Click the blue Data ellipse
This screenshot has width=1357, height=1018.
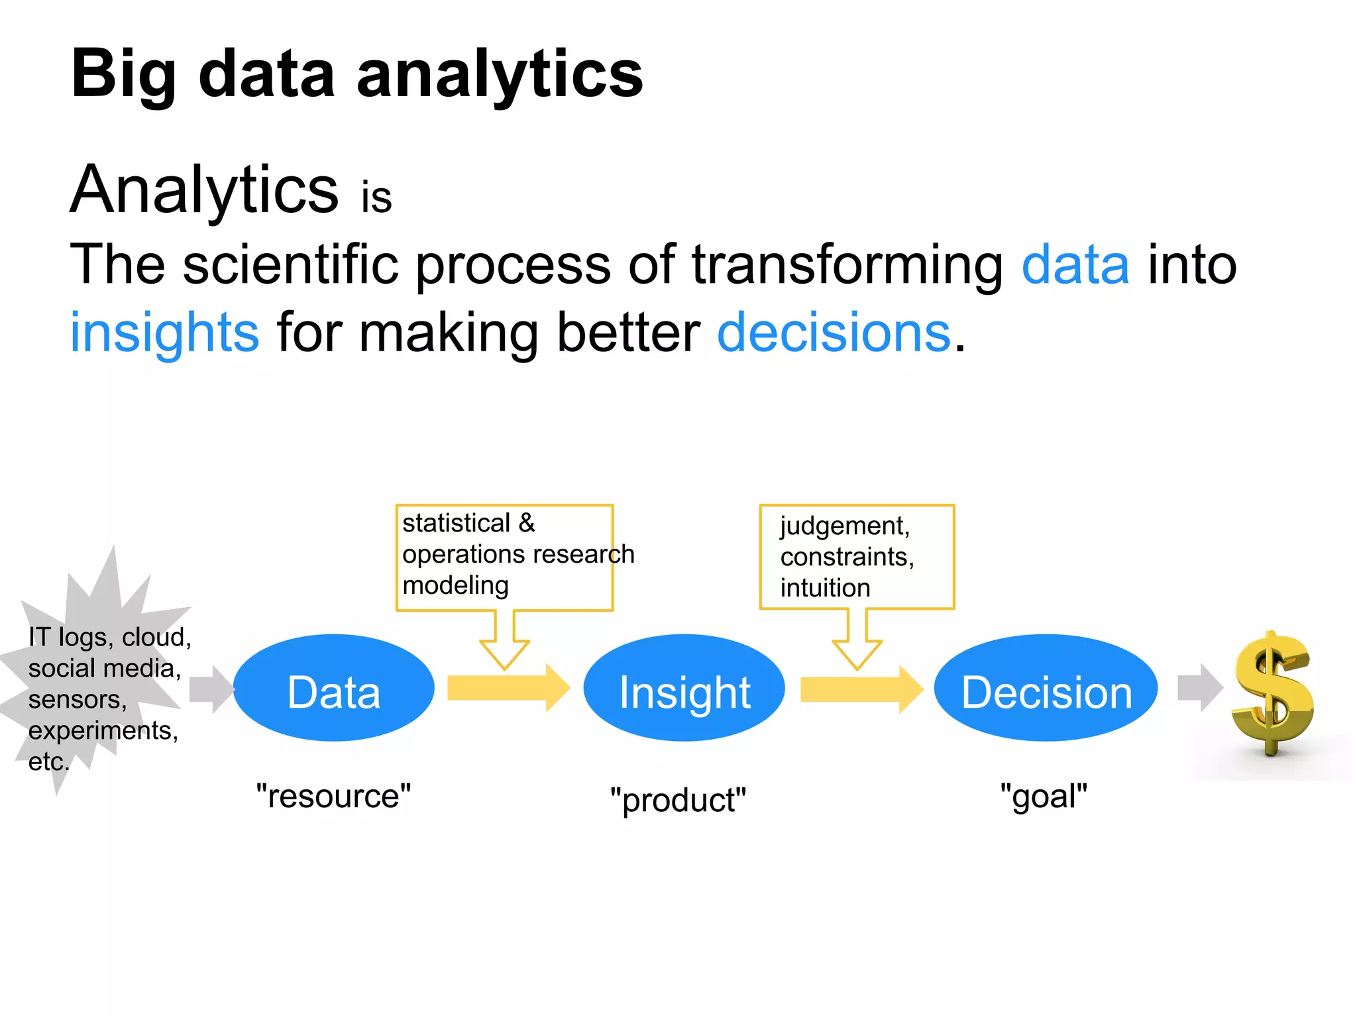[x=333, y=688]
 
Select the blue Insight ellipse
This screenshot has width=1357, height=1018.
[x=684, y=688]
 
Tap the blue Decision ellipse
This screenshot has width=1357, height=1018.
[x=1046, y=688]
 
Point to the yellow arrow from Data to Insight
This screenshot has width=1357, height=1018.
[x=507, y=688]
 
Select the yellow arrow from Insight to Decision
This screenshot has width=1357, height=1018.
[x=860, y=689]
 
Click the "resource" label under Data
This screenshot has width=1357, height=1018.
[x=333, y=795]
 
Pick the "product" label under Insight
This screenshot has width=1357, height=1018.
[x=678, y=799]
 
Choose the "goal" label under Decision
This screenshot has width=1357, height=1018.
[x=1044, y=795]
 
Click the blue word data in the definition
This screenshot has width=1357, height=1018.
[x=1075, y=264]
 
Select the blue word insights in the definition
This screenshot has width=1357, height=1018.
[x=164, y=332]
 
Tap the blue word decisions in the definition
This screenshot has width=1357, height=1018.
[x=834, y=332]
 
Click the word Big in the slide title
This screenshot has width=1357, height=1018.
[x=124, y=74]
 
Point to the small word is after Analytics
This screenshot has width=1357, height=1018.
[x=376, y=198]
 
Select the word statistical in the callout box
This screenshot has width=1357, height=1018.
[x=456, y=523]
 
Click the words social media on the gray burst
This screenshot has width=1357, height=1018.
[x=104, y=668]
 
